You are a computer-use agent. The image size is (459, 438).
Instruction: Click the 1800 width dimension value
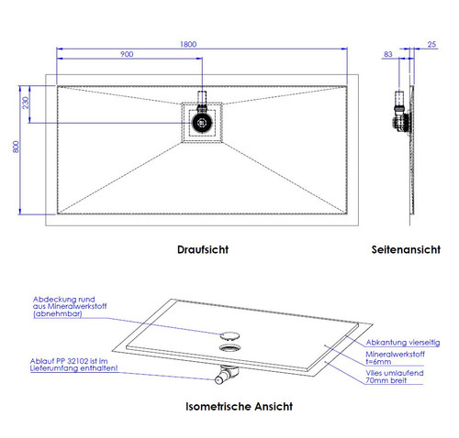pos(188,44)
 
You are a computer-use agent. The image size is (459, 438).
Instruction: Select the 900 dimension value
pos(127,54)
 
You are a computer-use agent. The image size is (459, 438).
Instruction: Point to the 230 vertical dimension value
pos(26,103)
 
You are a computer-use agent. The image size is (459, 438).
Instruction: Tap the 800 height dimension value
pos(16,147)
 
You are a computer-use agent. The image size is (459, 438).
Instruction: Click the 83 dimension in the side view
pos(387,54)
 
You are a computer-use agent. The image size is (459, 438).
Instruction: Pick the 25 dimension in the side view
pos(431,44)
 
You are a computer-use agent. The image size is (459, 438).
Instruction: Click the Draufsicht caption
pos(203,249)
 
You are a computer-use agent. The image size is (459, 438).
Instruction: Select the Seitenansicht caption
pos(406,249)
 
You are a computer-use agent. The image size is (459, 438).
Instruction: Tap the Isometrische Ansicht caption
pos(239,407)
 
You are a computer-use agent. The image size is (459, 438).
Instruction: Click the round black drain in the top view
pos(202,123)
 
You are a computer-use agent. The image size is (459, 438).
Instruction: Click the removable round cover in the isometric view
pos(229,335)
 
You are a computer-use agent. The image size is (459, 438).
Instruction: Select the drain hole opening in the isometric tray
pos(229,347)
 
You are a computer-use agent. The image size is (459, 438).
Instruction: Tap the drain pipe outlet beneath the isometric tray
pos(226,374)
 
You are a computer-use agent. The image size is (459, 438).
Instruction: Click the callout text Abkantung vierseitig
pos(403,343)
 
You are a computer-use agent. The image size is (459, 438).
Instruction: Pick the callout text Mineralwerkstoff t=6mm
pos(395,358)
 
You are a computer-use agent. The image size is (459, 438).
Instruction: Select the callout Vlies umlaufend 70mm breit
pos(395,377)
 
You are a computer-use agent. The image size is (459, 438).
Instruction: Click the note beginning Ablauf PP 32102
pos(73,365)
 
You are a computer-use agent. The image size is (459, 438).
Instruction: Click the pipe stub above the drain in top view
pos(202,98)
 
